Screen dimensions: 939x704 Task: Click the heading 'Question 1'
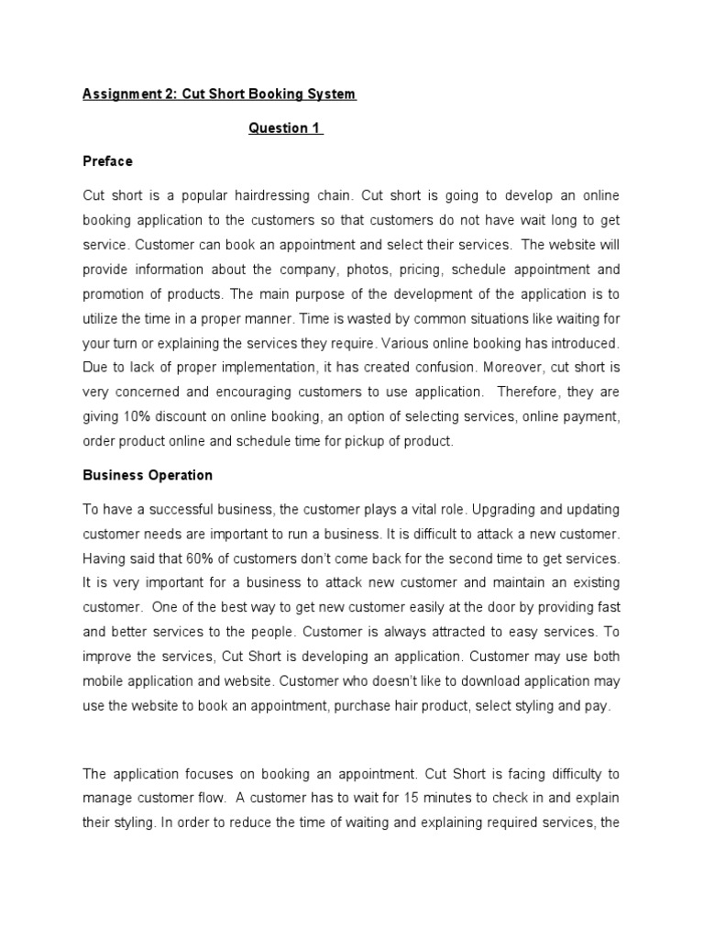[285, 128]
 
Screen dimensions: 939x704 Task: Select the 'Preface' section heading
[107, 161]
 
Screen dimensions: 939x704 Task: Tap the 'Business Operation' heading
[148, 475]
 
